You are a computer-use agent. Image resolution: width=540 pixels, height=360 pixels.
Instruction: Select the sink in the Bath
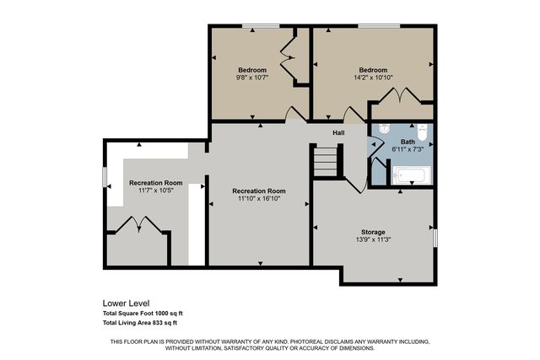[383, 130]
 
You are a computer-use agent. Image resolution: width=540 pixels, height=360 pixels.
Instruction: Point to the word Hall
[337, 132]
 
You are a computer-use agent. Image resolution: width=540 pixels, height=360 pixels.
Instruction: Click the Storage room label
[373, 231]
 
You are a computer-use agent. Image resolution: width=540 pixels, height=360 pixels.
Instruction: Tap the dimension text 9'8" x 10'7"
[251, 78]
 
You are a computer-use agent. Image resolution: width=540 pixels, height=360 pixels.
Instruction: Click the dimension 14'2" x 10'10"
[373, 78]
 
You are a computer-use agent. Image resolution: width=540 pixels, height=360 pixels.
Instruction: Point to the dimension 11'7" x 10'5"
[155, 191]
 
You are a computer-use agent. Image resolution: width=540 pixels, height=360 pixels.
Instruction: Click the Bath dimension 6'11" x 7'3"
[408, 149]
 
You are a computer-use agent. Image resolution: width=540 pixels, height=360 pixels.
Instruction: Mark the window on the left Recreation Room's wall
[105, 178]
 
